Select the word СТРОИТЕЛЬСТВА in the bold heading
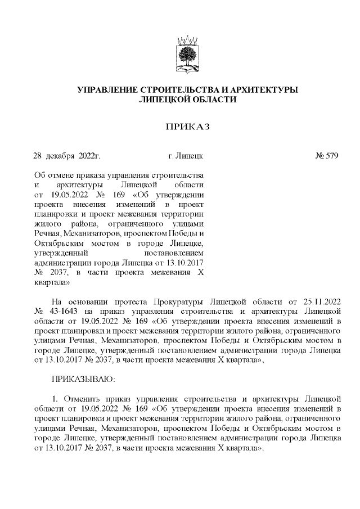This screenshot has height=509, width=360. click(177, 90)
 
